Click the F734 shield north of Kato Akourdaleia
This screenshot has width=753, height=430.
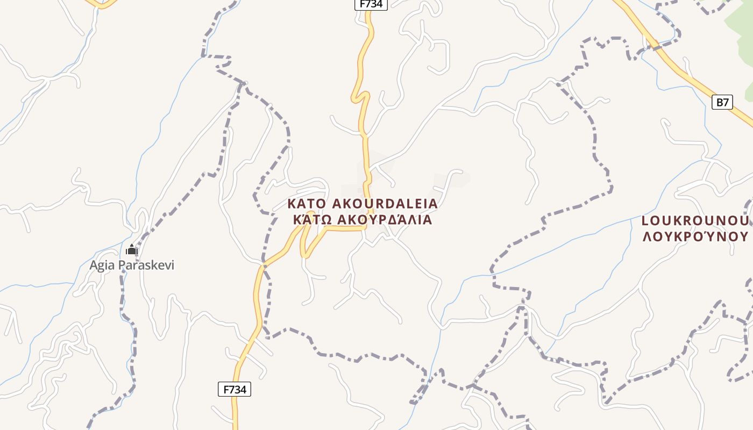pos(371,4)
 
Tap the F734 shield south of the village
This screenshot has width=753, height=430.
pos(235,389)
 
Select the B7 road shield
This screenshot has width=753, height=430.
pos(723,102)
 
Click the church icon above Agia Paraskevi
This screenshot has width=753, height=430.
pos(132,250)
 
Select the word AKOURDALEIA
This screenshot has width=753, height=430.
pos(385,204)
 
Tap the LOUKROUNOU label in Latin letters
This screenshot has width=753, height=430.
pos(695,221)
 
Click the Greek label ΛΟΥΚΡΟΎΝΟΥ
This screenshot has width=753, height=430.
pos(695,236)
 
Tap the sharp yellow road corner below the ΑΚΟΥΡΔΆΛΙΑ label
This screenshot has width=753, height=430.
pos(365,228)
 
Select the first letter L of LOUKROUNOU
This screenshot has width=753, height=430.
pos(646,221)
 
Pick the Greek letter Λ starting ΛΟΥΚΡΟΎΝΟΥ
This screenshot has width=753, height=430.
pos(648,236)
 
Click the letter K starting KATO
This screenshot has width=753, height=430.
pos(291,204)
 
